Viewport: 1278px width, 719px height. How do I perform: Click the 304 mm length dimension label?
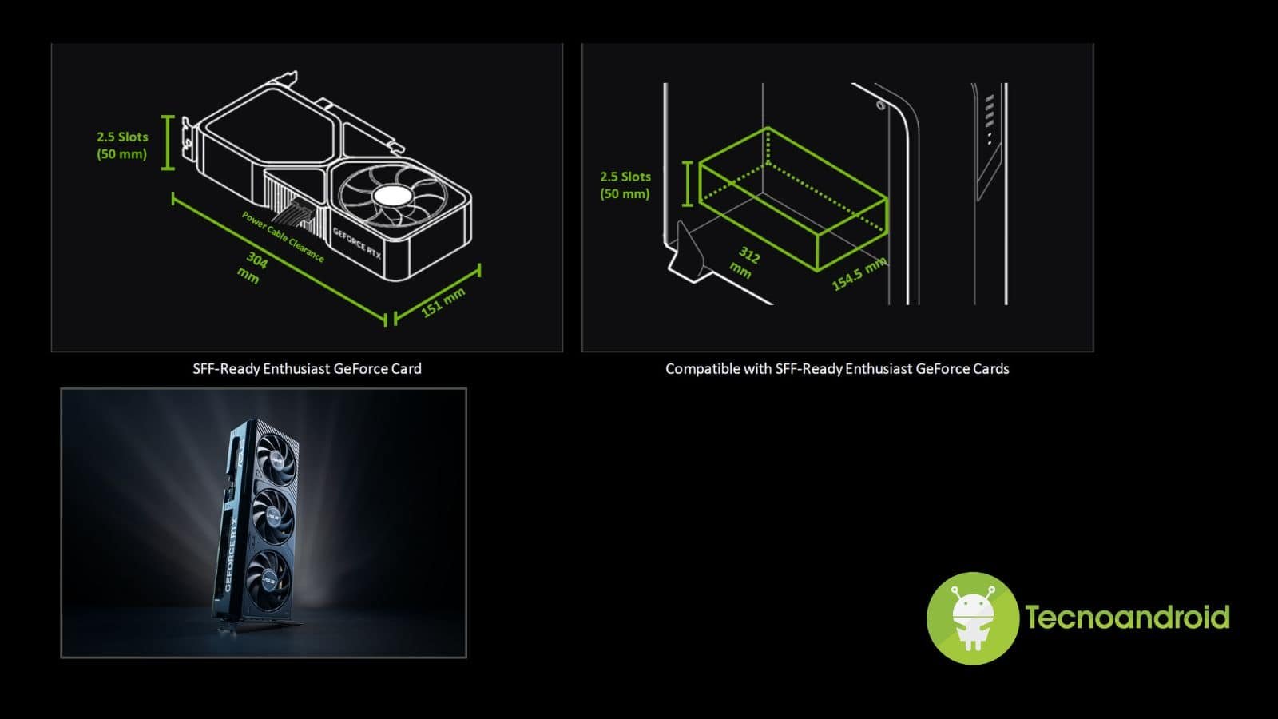pyautogui.click(x=252, y=268)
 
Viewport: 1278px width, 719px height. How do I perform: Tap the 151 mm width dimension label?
pyautogui.click(x=443, y=303)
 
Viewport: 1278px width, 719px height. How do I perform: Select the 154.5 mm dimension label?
pyautogui.click(x=859, y=273)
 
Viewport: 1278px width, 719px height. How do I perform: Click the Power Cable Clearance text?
pyautogui.click(x=283, y=236)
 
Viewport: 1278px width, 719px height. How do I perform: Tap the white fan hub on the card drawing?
pyautogui.click(x=392, y=197)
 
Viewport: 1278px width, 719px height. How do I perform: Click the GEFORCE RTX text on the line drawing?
pyautogui.click(x=357, y=244)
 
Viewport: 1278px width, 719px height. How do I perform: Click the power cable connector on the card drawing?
pyautogui.click(x=296, y=211)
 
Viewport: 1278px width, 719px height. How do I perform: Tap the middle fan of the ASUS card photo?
pyautogui.click(x=273, y=517)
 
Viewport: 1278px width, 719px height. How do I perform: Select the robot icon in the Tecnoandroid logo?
pyautogui.click(x=973, y=618)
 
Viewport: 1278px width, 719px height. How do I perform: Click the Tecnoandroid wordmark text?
pyautogui.click(x=1127, y=617)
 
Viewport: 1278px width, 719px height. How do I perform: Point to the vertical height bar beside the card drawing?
pyautogui.click(x=168, y=143)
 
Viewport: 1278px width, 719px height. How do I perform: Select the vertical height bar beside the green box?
pyautogui.click(x=688, y=183)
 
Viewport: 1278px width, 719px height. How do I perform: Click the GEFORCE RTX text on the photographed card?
pyautogui.click(x=232, y=554)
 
